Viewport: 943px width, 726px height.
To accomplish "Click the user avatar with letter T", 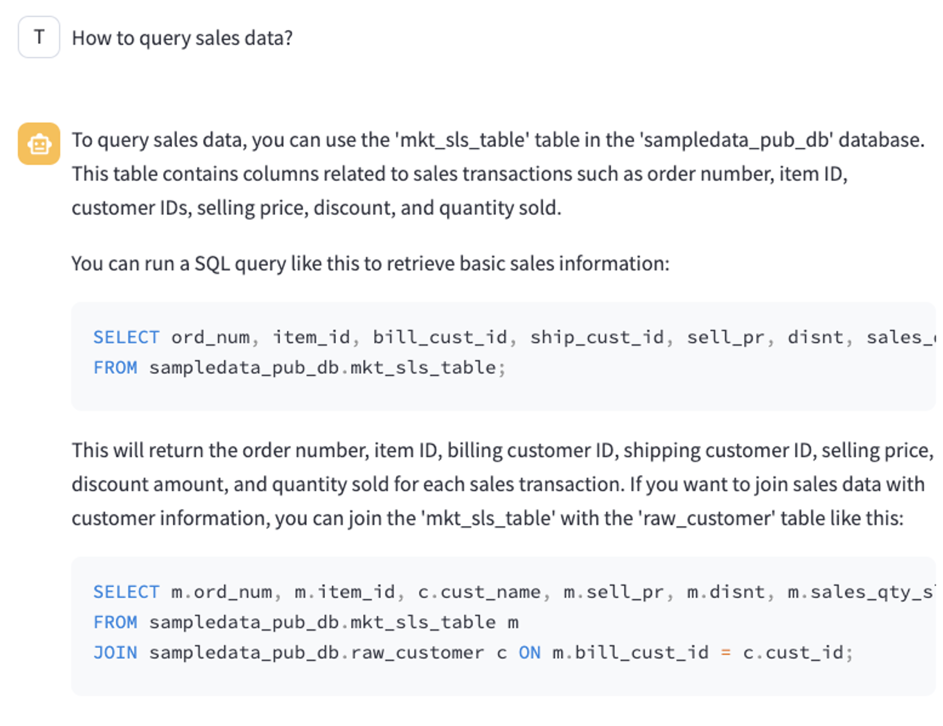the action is click(39, 37).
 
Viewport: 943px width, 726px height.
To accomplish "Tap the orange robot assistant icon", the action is click(39, 144).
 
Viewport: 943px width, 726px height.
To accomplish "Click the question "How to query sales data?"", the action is click(182, 38).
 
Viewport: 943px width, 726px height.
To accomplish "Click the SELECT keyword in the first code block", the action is click(126, 337).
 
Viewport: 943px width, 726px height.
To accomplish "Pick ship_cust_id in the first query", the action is click(597, 337).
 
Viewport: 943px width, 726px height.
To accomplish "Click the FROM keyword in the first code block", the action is click(115, 368).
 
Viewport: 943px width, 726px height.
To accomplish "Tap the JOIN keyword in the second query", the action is click(115, 652).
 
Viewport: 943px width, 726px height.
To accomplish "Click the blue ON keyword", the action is click(530, 652).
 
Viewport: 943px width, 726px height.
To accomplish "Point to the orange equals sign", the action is click(726, 652).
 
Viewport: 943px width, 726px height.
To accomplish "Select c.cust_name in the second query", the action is click(479, 592).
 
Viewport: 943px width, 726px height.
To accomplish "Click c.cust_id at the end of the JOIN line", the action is click(793, 652).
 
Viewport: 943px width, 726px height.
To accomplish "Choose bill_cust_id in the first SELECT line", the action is click(440, 337).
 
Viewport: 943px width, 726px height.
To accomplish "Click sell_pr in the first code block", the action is click(725, 337).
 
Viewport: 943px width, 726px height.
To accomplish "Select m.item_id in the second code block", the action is click(345, 592).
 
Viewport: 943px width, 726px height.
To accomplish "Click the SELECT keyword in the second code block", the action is click(126, 592).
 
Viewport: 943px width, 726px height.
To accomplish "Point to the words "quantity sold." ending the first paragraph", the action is click(500, 208).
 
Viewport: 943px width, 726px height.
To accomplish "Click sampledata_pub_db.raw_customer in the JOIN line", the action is click(317, 652).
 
